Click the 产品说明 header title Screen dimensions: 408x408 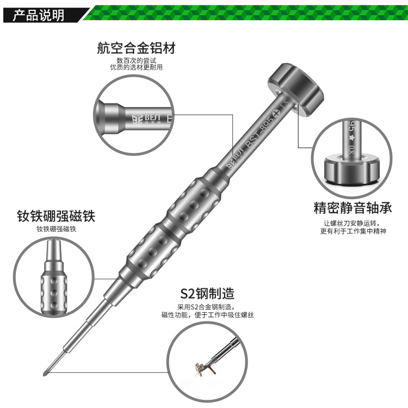tap(39, 15)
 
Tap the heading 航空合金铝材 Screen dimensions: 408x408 tap(137, 48)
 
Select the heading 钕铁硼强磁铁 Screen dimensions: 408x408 tap(56, 216)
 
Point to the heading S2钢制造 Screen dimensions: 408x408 tap(207, 293)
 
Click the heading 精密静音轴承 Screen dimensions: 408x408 tap(353, 208)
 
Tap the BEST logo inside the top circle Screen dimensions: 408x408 tap(146, 119)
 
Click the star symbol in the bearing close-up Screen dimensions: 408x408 tap(351, 138)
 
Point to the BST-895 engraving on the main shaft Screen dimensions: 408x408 tap(259, 132)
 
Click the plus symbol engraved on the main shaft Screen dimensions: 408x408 tap(276, 113)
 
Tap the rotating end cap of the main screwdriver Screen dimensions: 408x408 tap(296, 89)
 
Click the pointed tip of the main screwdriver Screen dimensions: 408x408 tap(45, 375)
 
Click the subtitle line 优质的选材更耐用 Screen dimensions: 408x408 tap(137, 67)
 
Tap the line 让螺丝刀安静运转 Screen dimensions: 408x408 tap(351, 223)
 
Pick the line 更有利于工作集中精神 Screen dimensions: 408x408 tap(353, 231)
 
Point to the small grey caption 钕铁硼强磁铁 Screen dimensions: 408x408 tap(56, 229)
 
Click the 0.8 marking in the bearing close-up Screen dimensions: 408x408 tap(351, 149)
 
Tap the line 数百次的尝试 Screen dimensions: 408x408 tap(137, 60)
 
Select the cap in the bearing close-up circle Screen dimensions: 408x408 tap(352, 169)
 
